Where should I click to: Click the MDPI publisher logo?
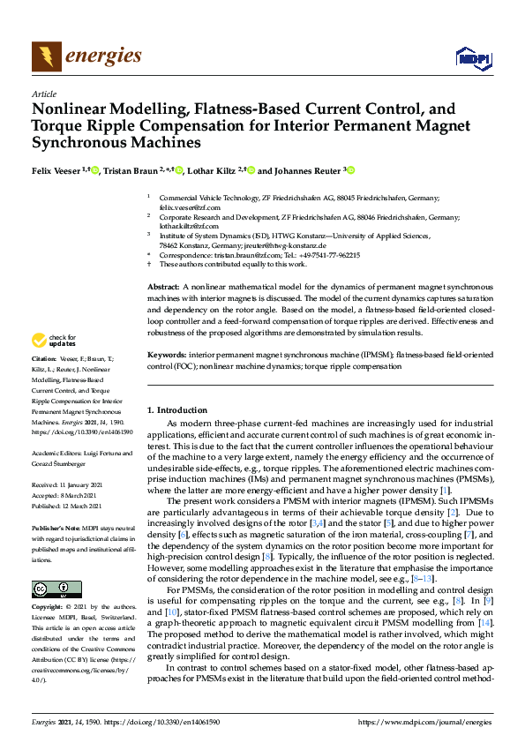473,58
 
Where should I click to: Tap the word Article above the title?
43,93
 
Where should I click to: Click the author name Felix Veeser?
56,171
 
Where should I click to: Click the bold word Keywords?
167,355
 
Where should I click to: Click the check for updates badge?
54,340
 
